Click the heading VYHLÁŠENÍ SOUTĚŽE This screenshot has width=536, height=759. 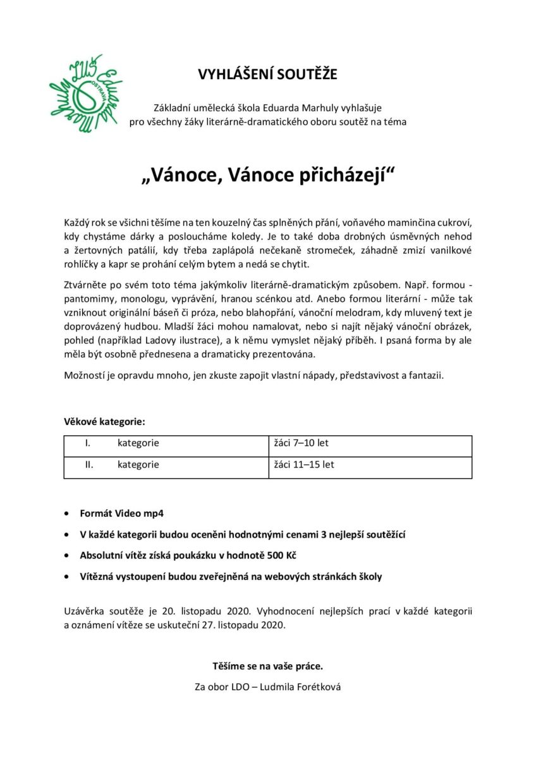[268, 75]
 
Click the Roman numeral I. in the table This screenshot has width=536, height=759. [88, 443]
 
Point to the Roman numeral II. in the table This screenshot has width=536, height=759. [89, 465]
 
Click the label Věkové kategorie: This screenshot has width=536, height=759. [104, 421]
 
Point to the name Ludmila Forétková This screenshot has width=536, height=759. [302, 687]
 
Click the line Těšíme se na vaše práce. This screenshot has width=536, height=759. [268, 666]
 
